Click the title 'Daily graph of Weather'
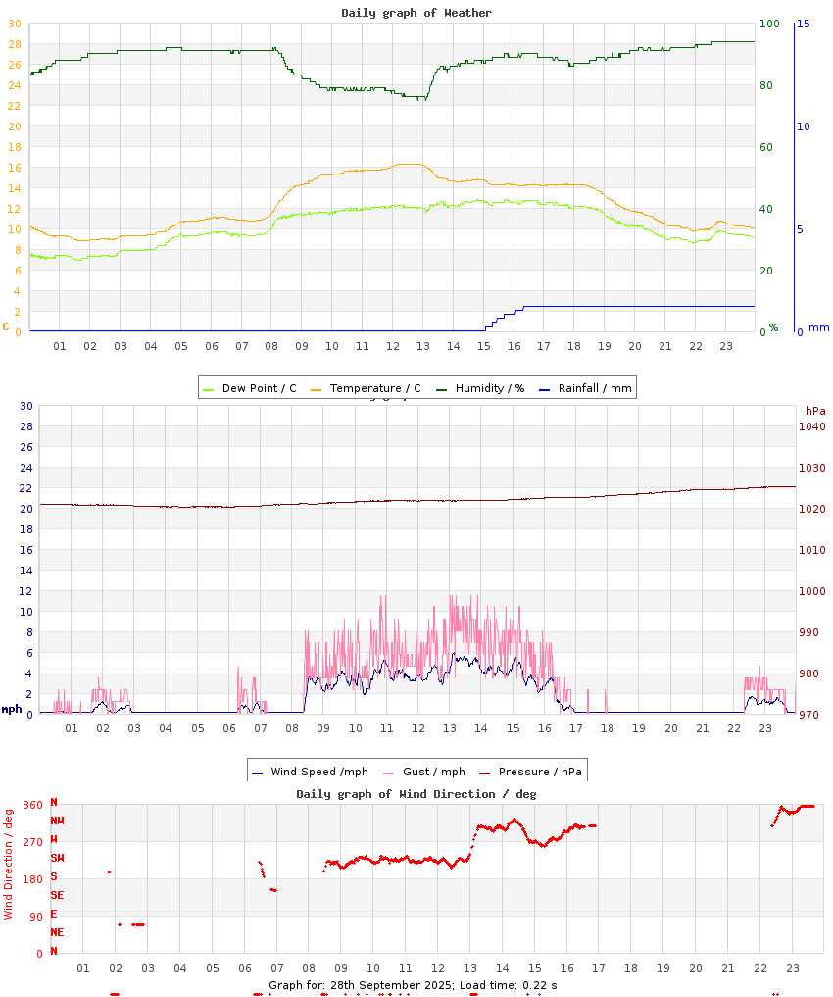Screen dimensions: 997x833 pos(416,13)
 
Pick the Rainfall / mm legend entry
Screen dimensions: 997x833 pos(594,388)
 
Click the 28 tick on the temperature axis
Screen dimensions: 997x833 pos(14,44)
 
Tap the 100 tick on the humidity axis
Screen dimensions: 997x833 pos(769,24)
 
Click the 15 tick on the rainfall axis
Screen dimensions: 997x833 pos(803,24)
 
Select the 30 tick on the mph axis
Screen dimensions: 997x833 pos(26,406)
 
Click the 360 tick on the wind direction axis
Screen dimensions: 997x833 pos(32,805)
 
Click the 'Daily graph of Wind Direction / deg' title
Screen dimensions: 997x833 pos(416,794)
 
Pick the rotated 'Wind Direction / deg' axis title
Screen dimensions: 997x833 pos(9,864)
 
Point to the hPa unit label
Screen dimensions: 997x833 pos(815,411)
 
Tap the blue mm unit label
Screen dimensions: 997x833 pos(818,328)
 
